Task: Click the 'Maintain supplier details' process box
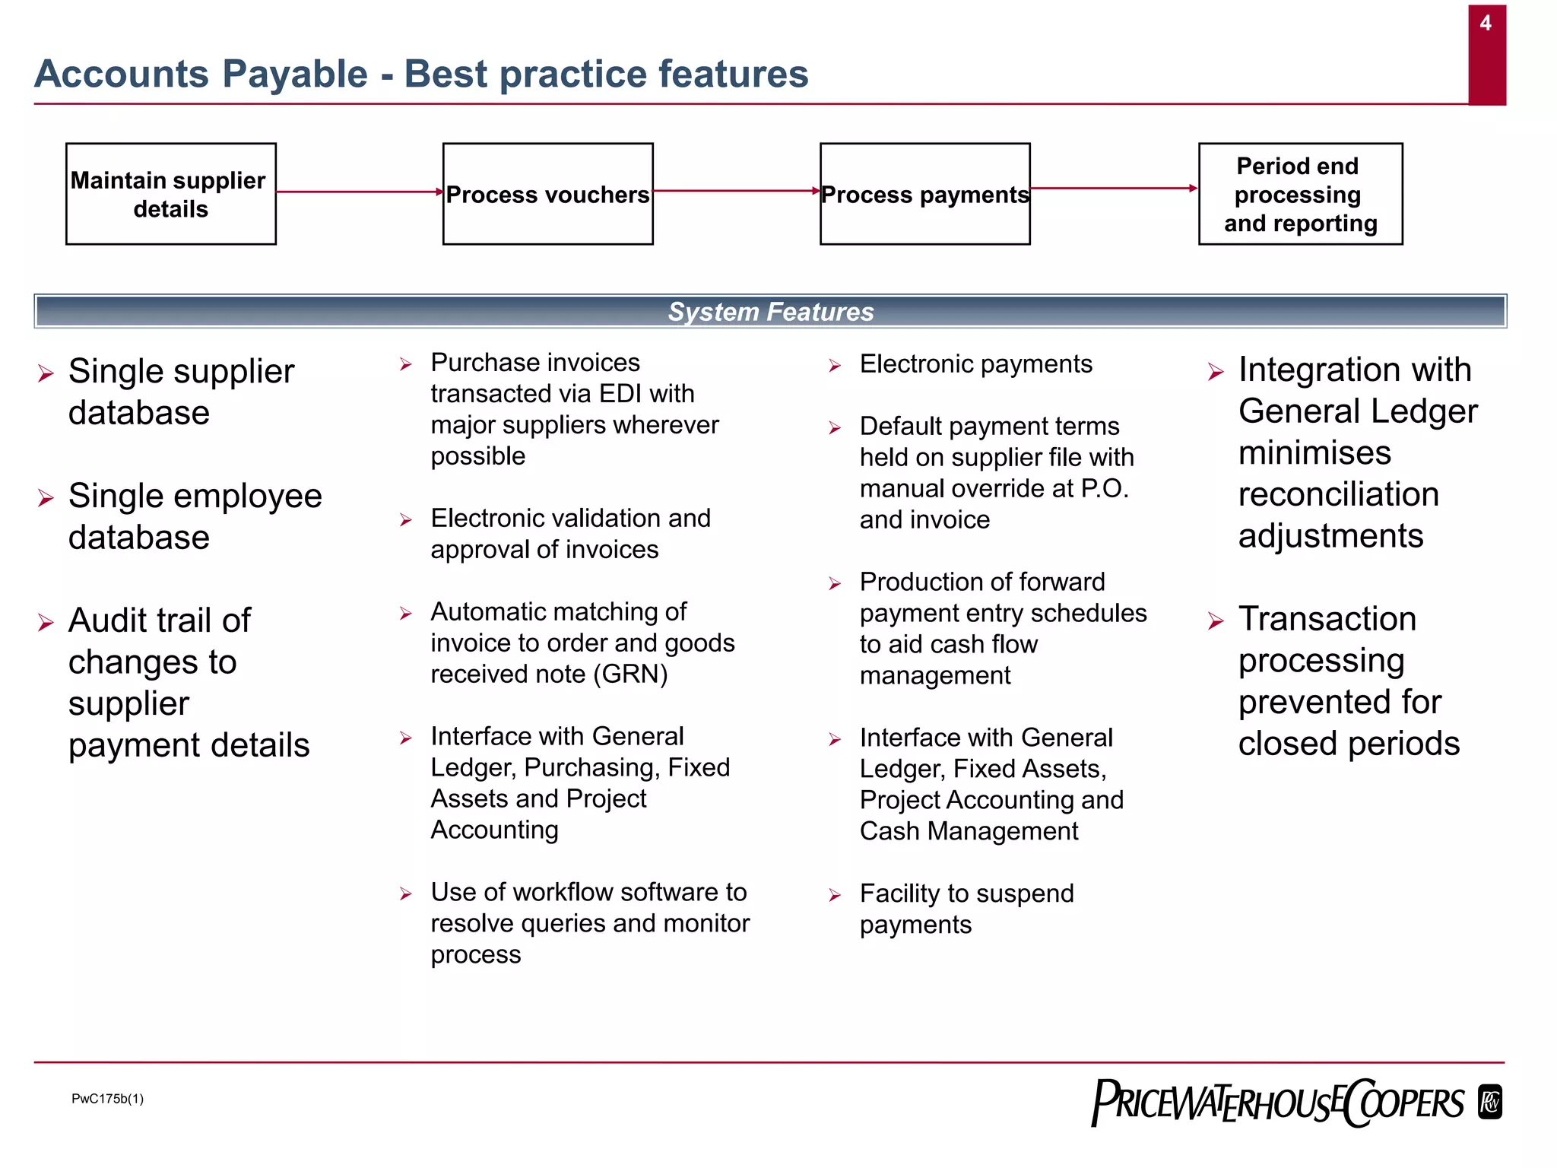(170, 194)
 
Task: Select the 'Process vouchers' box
(547, 194)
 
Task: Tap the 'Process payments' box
(924, 194)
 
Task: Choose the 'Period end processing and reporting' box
(1300, 194)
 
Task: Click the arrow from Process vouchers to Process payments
(736, 191)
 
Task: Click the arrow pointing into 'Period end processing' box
(1114, 188)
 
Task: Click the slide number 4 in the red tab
(1486, 24)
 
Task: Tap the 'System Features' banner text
(770, 312)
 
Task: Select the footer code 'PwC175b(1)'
(107, 1098)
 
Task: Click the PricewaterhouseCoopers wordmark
(1277, 1103)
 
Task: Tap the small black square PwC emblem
(1490, 1103)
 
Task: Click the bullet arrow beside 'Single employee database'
(46, 498)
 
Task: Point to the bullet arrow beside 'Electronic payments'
(835, 366)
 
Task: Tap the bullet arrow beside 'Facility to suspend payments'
(835, 895)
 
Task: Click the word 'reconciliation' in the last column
(1338, 494)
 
